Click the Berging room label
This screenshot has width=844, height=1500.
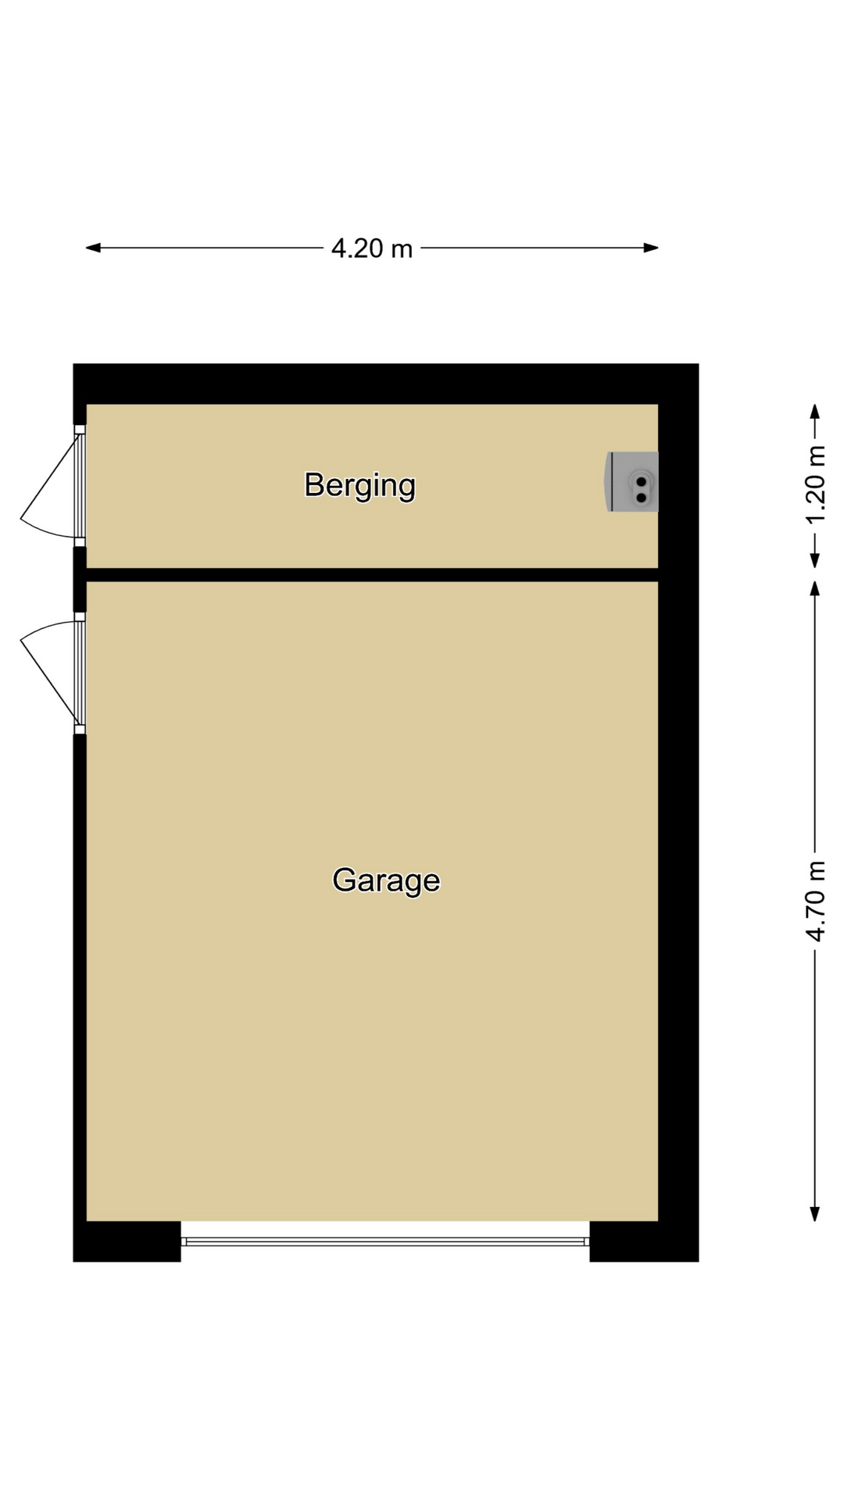[359, 486]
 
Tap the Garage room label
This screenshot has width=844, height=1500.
[386, 880]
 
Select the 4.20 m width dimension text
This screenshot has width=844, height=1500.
[372, 248]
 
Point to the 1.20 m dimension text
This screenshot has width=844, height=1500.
[815, 485]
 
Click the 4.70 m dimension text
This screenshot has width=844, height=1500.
[815, 901]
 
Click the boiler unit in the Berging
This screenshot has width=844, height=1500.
[632, 482]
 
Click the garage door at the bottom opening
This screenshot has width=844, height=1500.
[385, 1241]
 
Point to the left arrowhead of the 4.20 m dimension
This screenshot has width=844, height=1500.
[93, 248]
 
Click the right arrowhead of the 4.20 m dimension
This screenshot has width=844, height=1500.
[651, 248]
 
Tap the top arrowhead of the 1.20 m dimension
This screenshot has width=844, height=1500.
[815, 412]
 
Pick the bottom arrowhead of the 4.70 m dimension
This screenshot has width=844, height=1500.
[815, 1213]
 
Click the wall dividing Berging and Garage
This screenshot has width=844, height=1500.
[372, 575]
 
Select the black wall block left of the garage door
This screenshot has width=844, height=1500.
[127, 1241]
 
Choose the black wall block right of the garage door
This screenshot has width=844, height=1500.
[644, 1241]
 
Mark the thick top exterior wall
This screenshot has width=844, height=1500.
[386, 384]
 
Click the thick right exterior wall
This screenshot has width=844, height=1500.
[678, 812]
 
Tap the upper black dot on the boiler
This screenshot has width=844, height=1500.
[642, 482]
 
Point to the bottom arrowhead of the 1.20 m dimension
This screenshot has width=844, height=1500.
[815, 560]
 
